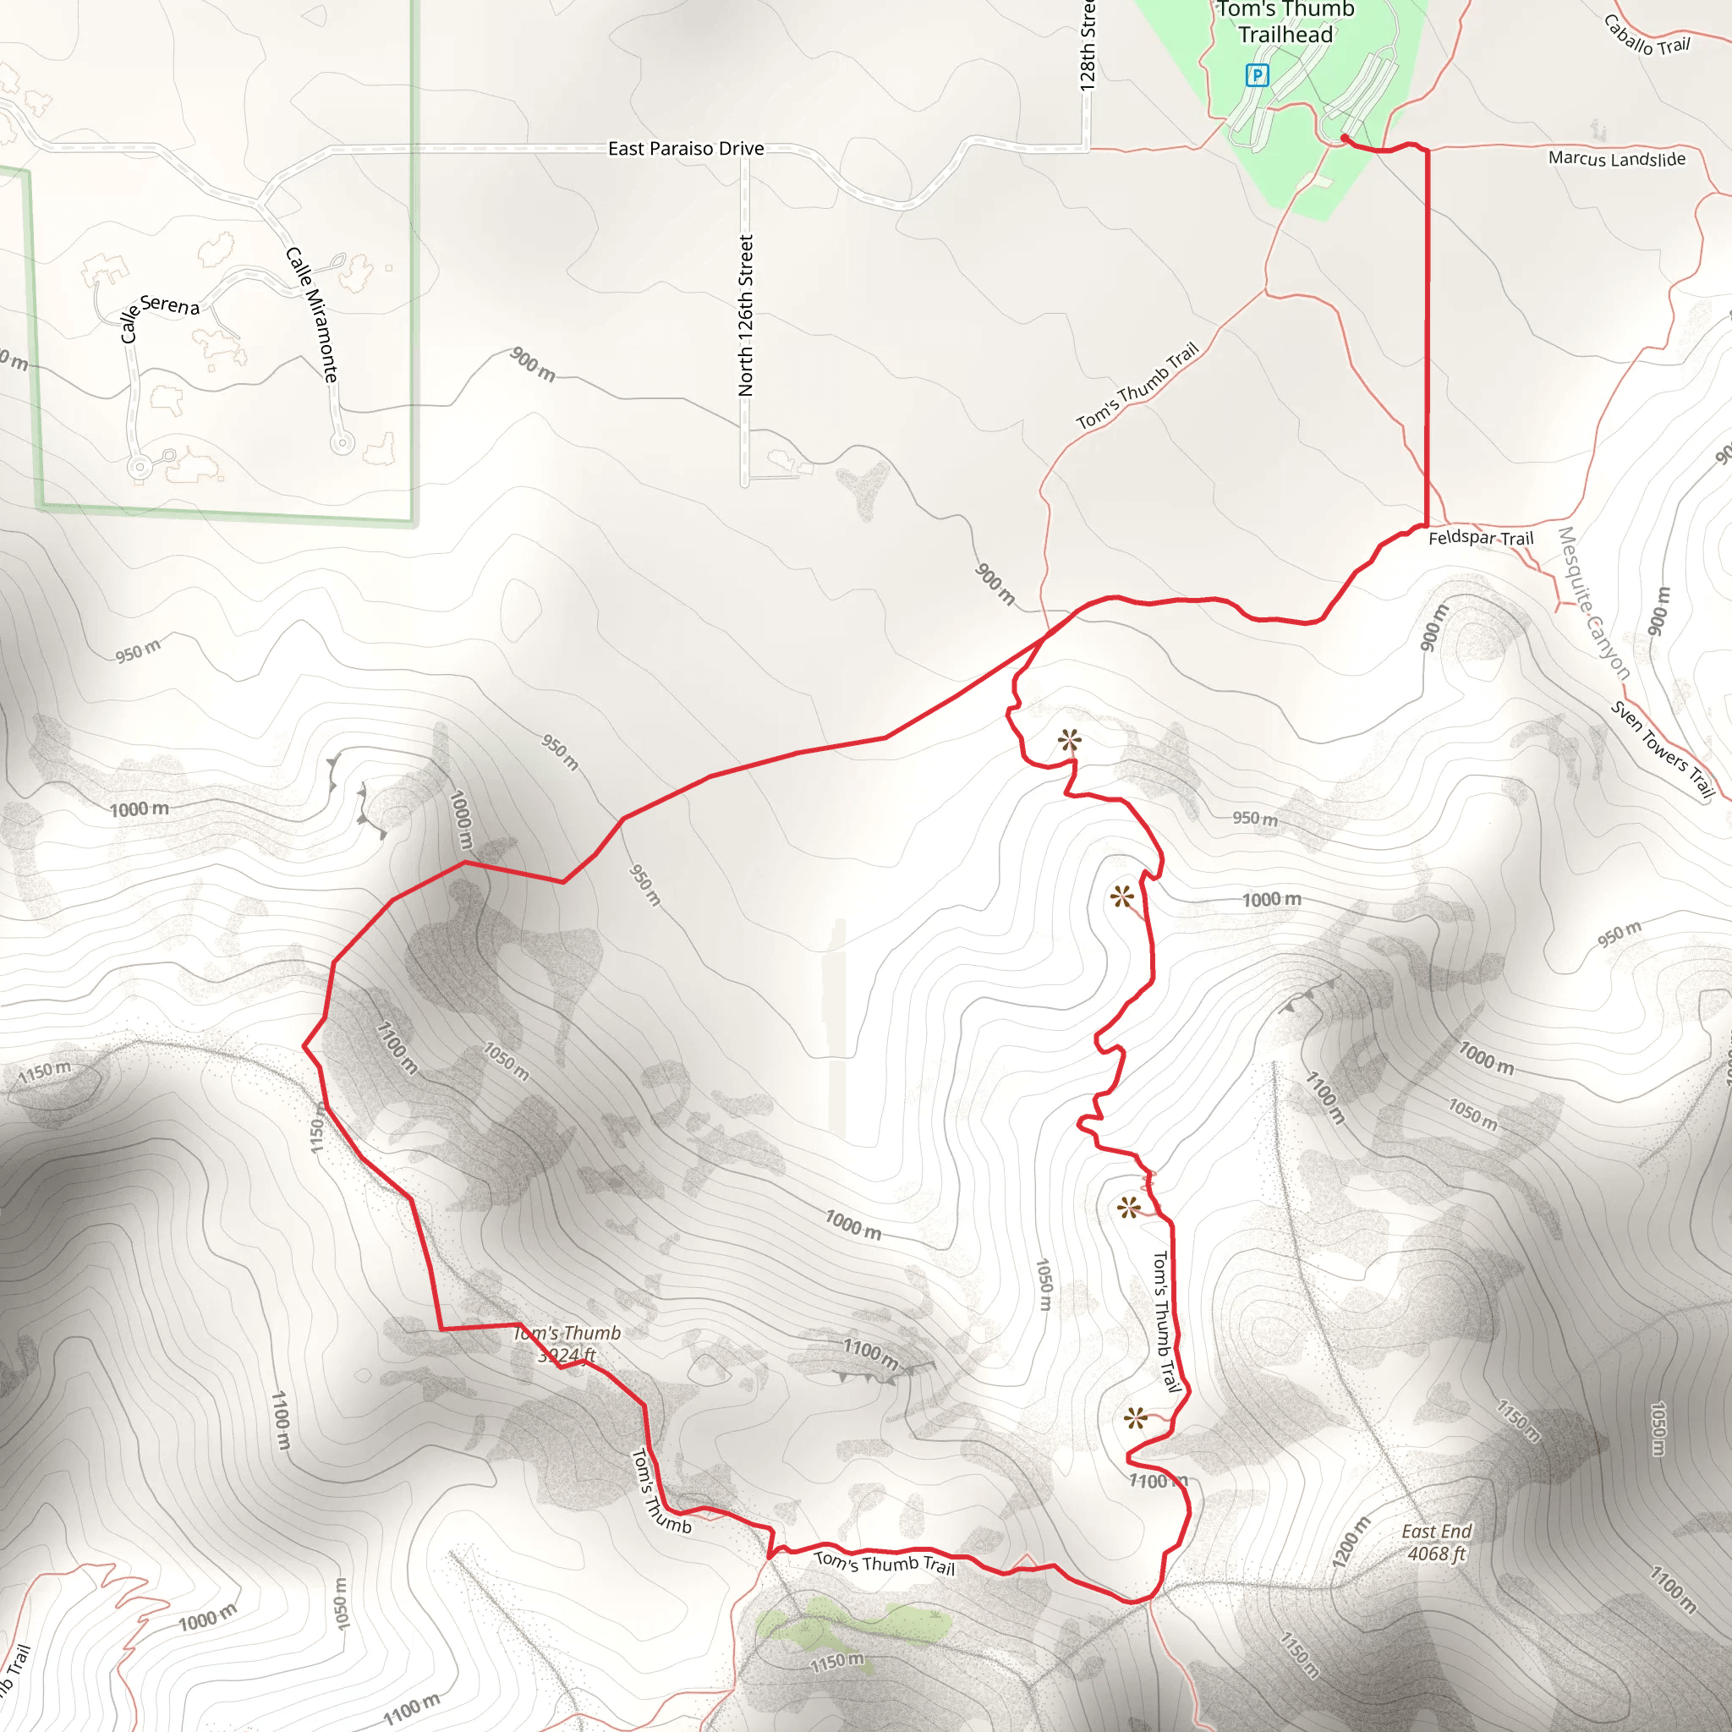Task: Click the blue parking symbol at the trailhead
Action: pyautogui.click(x=1257, y=76)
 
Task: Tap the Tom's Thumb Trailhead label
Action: pyautogui.click(x=1285, y=23)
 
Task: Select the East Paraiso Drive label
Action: pyautogui.click(x=686, y=149)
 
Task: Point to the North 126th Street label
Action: pyautogui.click(x=746, y=315)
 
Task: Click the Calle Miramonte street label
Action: pyautogui.click(x=311, y=315)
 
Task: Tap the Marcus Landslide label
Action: pyautogui.click(x=1616, y=159)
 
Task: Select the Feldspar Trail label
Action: pyautogui.click(x=1480, y=538)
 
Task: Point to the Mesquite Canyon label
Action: pyautogui.click(x=1593, y=602)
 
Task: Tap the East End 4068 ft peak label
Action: pyautogui.click(x=1437, y=1542)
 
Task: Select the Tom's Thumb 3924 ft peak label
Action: pyautogui.click(x=567, y=1344)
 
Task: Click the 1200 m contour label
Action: pyautogui.click(x=1351, y=1542)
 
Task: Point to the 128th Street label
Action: pyautogui.click(x=1088, y=45)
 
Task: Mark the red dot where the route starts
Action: pyautogui.click(x=1345, y=137)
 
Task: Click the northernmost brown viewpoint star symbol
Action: pyautogui.click(x=1069, y=741)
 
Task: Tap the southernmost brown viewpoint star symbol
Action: pyautogui.click(x=1135, y=1418)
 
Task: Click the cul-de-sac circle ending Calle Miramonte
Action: pyautogui.click(x=342, y=442)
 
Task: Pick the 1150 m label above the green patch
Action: pyautogui.click(x=836, y=1663)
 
